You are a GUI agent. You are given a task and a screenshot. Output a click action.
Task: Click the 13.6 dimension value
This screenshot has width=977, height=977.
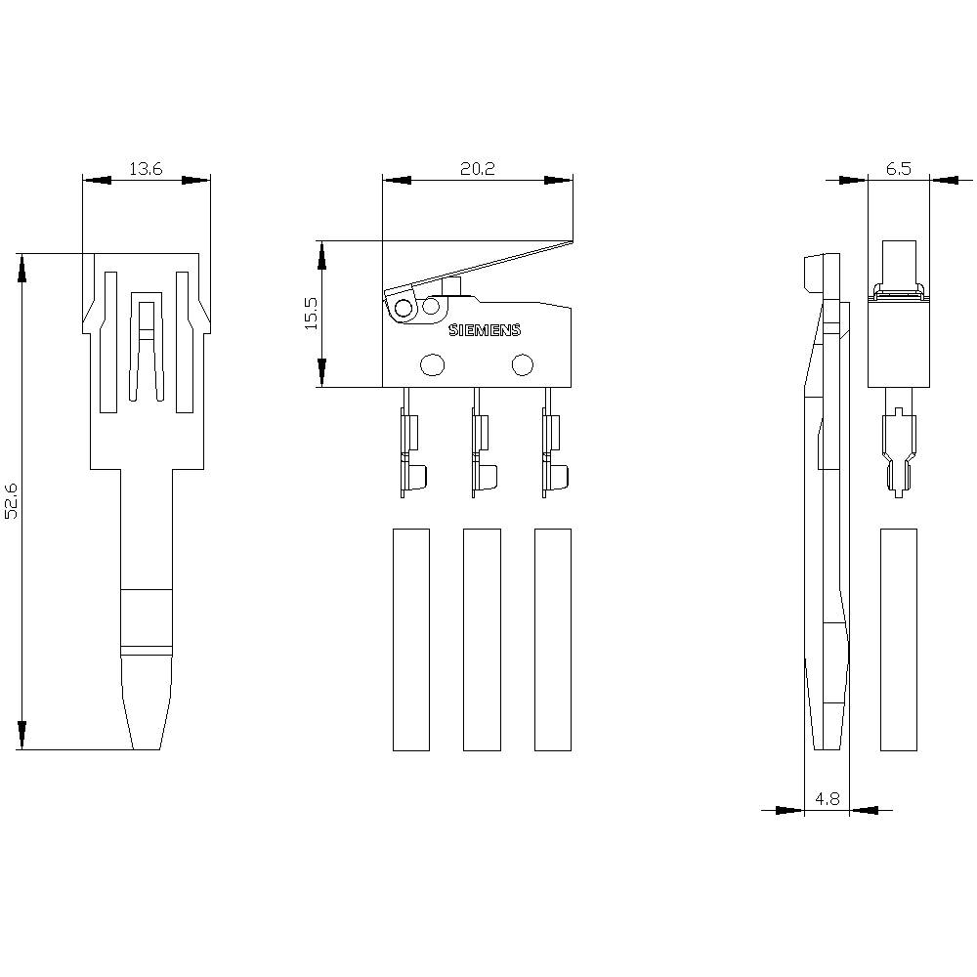click(146, 170)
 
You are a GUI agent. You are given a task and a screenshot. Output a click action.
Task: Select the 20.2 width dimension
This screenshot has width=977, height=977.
click(478, 169)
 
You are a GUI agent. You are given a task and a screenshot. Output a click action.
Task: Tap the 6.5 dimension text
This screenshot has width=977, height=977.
click(899, 169)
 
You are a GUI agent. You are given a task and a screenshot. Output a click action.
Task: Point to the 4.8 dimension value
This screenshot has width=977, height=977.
click(827, 799)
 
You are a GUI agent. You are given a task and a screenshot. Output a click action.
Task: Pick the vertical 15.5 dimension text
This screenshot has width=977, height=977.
click(311, 314)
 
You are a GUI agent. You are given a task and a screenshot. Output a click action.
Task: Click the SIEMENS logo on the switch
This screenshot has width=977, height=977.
click(485, 330)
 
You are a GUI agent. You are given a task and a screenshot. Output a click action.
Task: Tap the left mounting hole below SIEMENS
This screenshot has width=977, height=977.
click(432, 365)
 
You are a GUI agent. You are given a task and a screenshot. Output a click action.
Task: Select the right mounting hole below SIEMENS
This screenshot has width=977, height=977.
click(523, 365)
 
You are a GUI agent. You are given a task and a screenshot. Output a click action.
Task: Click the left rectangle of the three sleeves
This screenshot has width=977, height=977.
click(410, 640)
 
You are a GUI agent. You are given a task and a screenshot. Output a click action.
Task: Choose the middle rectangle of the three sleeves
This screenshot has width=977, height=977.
click(481, 640)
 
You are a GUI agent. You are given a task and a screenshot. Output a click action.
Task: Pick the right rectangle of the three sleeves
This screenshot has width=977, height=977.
click(552, 640)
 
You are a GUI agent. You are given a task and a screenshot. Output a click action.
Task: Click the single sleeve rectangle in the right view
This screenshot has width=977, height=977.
click(898, 640)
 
